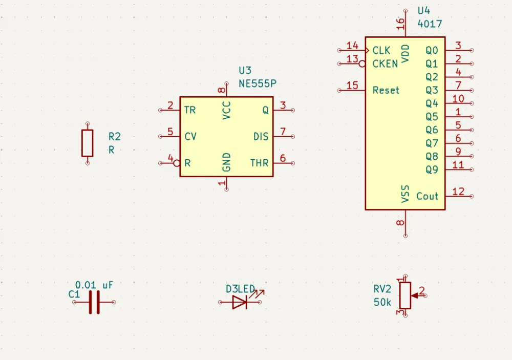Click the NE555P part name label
pyautogui.click(x=258, y=83)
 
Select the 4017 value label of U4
pyautogui.click(x=430, y=24)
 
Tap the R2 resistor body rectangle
pyautogui.click(x=88, y=143)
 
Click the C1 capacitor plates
pyautogui.click(x=94, y=302)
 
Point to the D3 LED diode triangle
pyautogui.click(x=239, y=302)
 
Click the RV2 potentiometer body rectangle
pyautogui.click(x=405, y=295)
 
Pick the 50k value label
pyautogui.click(x=382, y=302)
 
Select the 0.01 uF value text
pyautogui.click(x=94, y=285)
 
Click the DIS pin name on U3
pyautogui.click(x=261, y=137)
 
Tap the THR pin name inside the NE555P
pyautogui.click(x=259, y=163)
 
